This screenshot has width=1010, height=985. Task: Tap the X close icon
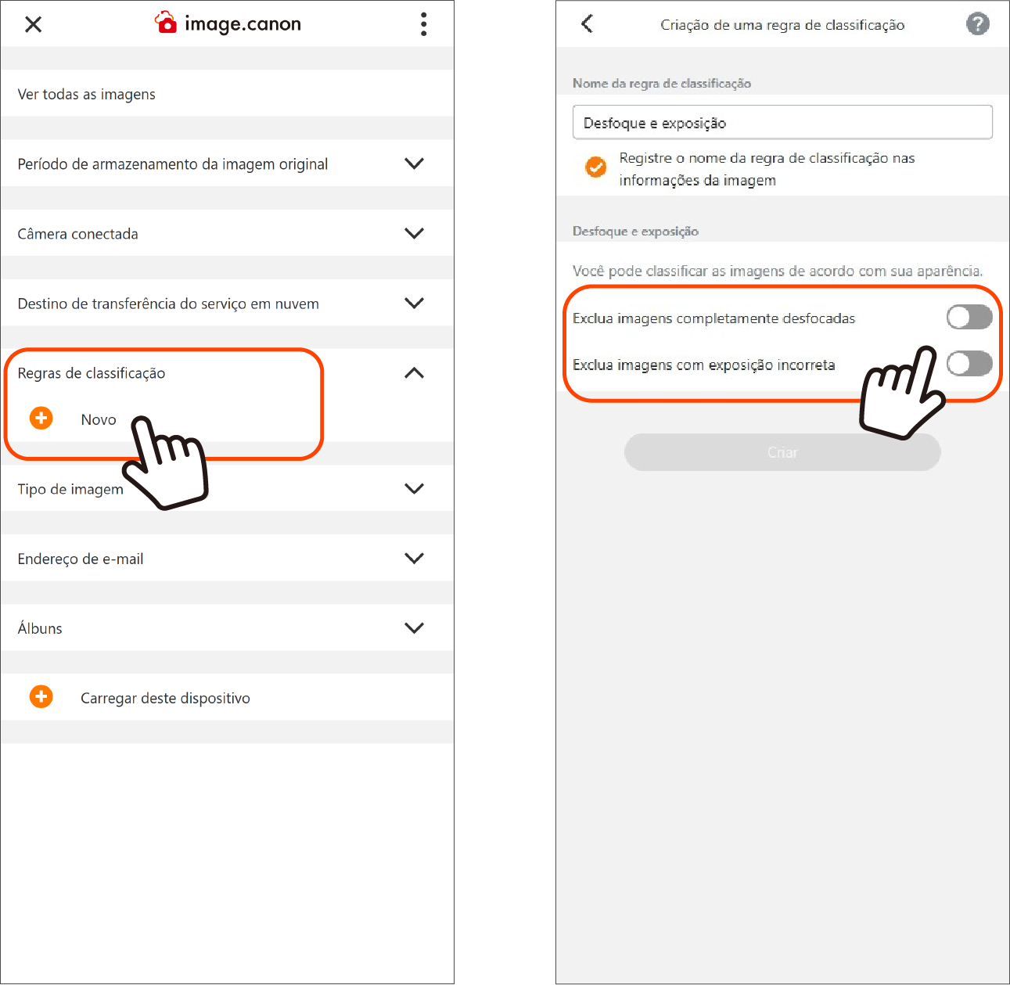(33, 24)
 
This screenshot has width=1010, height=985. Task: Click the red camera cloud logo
(166, 22)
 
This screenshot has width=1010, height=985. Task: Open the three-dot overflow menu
(423, 24)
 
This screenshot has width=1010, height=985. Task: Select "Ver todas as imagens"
(86, 94)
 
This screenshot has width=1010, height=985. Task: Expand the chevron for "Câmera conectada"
(414, 233)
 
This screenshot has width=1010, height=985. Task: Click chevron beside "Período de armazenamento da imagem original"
(414, 164)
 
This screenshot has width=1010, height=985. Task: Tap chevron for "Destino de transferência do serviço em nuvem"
(414, 303)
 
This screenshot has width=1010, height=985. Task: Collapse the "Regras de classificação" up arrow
(414, 372)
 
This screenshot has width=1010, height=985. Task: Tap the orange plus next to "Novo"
(41, 419)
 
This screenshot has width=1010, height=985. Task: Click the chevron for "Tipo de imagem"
(414, 488)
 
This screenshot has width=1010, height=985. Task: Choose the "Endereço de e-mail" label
(81, 559)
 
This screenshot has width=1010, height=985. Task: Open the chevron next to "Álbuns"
(414, 628)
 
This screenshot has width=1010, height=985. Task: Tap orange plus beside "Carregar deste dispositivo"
(41, 696)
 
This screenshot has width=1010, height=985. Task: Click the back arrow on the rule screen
(587, 23)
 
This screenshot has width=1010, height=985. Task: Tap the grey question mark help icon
(978, 23)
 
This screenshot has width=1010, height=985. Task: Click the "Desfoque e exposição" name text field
(782, 123)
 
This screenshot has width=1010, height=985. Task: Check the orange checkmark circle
(596, 167)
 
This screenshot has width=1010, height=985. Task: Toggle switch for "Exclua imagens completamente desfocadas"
(969, 317)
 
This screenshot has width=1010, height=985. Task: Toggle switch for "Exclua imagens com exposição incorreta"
(969, 363)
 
